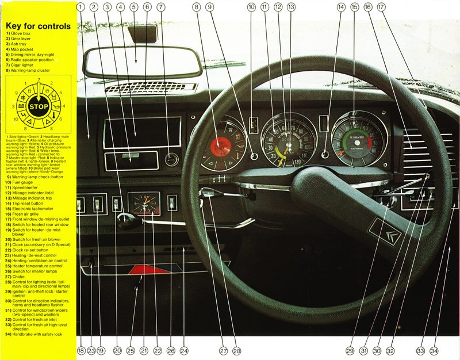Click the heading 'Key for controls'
coord(37,26)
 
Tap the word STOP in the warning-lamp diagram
coord(37,107)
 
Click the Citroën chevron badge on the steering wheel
coord(383,232)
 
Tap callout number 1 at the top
coord(80,7)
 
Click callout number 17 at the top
coord(381,7)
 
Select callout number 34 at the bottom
coord(435,350)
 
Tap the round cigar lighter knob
coord(171,159)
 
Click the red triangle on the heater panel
coord(145,269)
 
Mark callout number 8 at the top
coord(197,7)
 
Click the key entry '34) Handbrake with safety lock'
coord(37,334)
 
